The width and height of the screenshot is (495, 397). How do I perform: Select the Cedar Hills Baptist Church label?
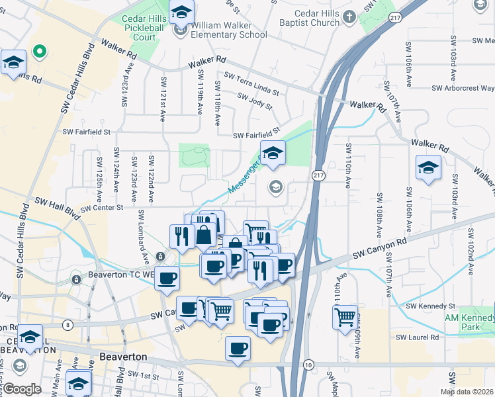coord(308,17)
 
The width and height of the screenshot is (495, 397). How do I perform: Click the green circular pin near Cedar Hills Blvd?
coord(39,50)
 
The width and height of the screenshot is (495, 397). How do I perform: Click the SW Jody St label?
coord(255,101)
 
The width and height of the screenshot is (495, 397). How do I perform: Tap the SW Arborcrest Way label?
coord(463,88)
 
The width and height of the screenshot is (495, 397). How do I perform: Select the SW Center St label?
coord(102,208)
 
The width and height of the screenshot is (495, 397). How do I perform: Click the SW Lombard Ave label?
coord(143,236)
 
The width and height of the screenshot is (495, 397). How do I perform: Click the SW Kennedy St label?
coord(431,306)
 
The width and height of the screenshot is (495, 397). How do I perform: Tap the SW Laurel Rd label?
coord(418,337)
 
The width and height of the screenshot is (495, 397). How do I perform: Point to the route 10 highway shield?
coord(308,365)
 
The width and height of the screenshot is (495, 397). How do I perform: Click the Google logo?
coord(22,389)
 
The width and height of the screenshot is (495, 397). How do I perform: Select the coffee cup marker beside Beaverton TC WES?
coord(167,277)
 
